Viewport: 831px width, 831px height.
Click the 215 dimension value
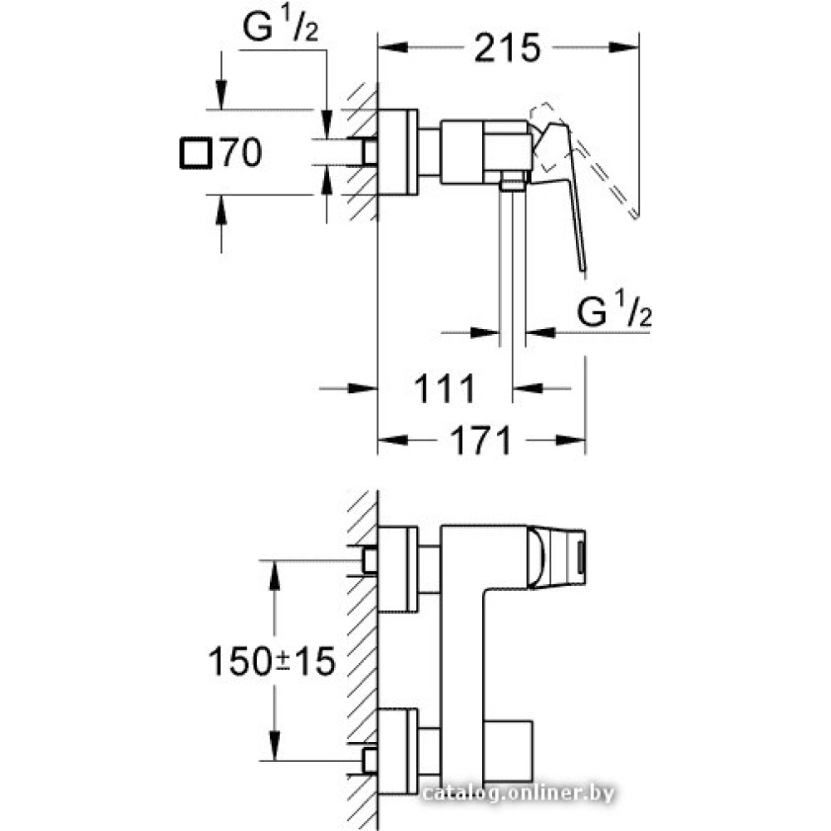coord(507,47)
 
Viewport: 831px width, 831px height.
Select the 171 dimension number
coord(480,440)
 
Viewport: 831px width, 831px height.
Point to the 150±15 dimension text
coord(272,661)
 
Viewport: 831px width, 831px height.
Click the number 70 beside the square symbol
coord(241,153)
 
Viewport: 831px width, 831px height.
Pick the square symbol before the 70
coord(196,153)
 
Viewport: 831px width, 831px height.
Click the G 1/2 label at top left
coord(280,26)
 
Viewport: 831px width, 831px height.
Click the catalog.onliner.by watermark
coord(519,794)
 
